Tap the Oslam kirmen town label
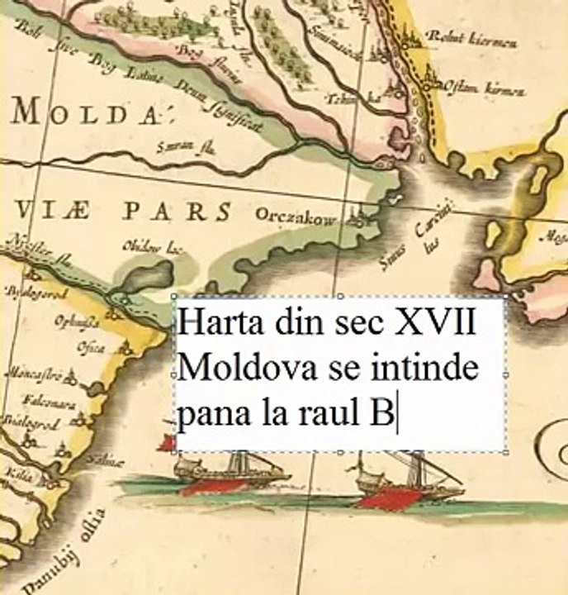(x=485, y=88)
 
